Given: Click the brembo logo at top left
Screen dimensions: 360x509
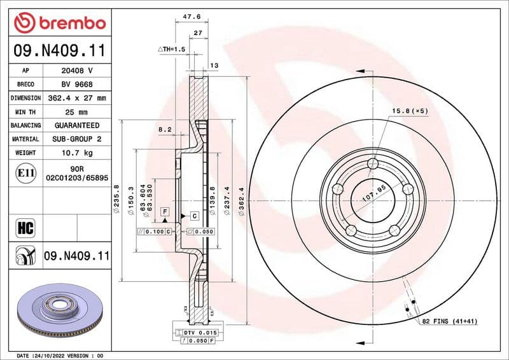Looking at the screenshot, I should pyautogui.click(x=59, y=24).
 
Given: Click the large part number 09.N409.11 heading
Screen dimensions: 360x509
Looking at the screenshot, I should pyautogui.click(x=59, y=50).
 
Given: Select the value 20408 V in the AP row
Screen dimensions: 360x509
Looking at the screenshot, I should pyautogui.click(x=76, y=71).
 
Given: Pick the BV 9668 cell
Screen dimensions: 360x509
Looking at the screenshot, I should pyautogui.click(x=76, y=85).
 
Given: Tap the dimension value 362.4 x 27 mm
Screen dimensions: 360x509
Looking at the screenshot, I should pyautogui.click(x=76, y=99).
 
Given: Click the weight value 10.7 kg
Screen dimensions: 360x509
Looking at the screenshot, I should pyautogui.click(x=76, y=153).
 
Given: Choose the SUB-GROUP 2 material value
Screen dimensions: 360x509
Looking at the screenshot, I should pyautogui.click(x=76, y=139).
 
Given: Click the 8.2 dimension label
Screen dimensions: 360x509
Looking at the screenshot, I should pyautogui.click(x=165, y=129).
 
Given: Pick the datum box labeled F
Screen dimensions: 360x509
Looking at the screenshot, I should pyautogui.click(x=165, y=211).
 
